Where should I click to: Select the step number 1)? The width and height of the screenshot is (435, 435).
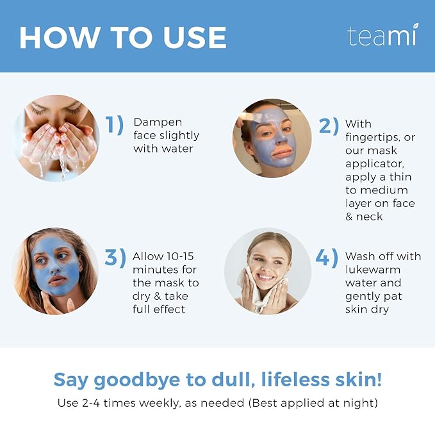coord(115,125)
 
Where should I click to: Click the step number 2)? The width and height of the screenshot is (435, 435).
coord(328,126)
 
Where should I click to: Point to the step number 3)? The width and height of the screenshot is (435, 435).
coord(115,258)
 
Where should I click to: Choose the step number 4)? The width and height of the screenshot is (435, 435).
coord(327,258)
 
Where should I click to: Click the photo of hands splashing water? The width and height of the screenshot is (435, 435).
coord(56,138)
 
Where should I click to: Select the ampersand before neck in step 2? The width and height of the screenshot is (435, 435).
coord(350,217)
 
